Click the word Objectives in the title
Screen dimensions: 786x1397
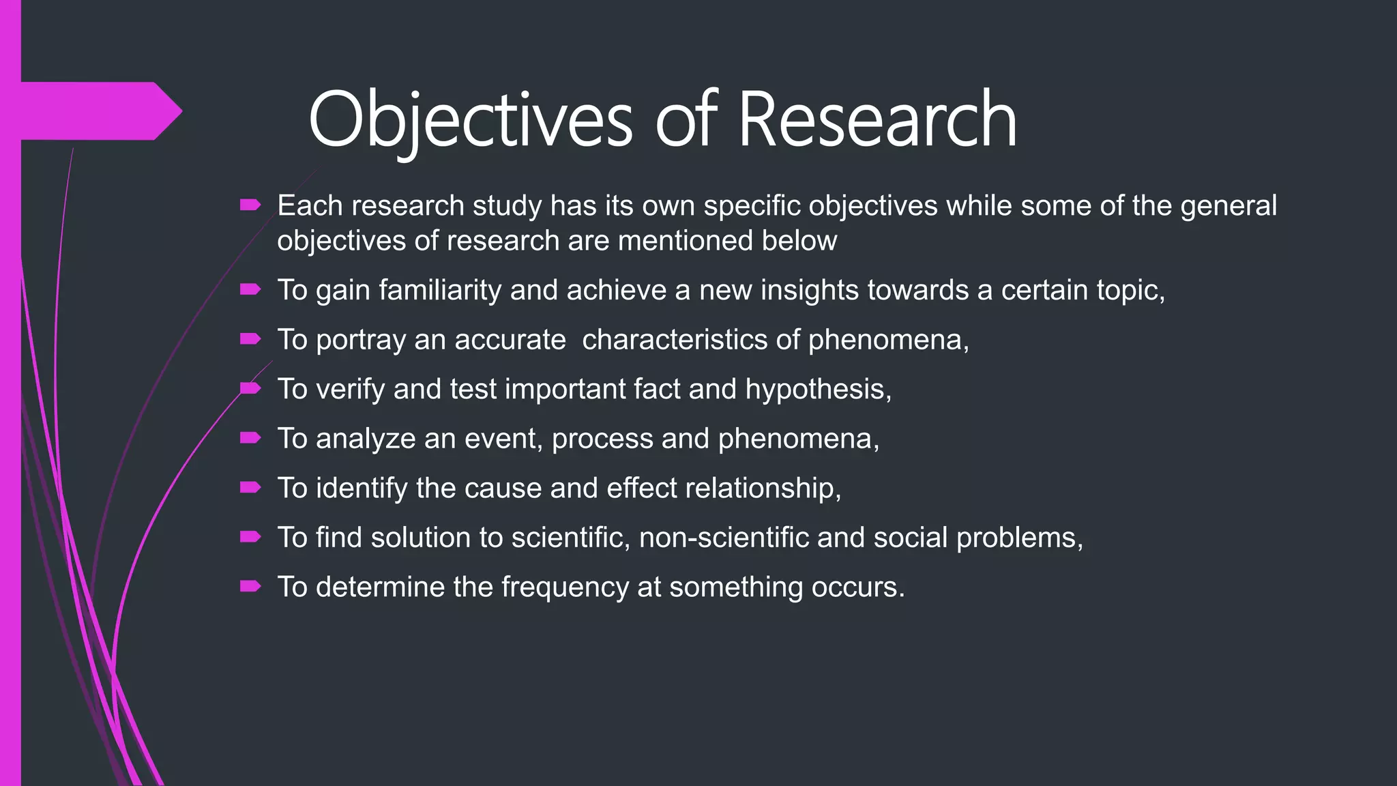click(471, 120)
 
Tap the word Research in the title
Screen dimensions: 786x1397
click(877, 120)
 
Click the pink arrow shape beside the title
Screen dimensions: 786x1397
click(102, 111)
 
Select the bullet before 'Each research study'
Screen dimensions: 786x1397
click(250, 205)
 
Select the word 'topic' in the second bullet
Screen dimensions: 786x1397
click(1126, 291)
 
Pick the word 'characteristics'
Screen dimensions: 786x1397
click(690, 340)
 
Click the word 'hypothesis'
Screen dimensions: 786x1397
click(815, 390)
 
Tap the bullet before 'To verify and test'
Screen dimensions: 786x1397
click(250, 388)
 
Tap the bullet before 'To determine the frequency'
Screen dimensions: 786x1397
click(250, 586)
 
